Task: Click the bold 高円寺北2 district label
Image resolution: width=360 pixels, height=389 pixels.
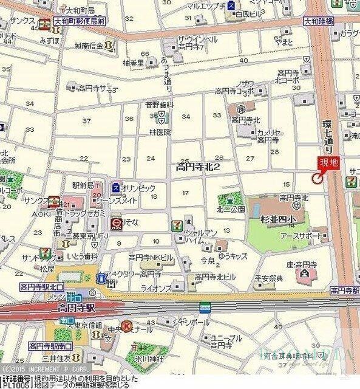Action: click(x=197, y=166)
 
